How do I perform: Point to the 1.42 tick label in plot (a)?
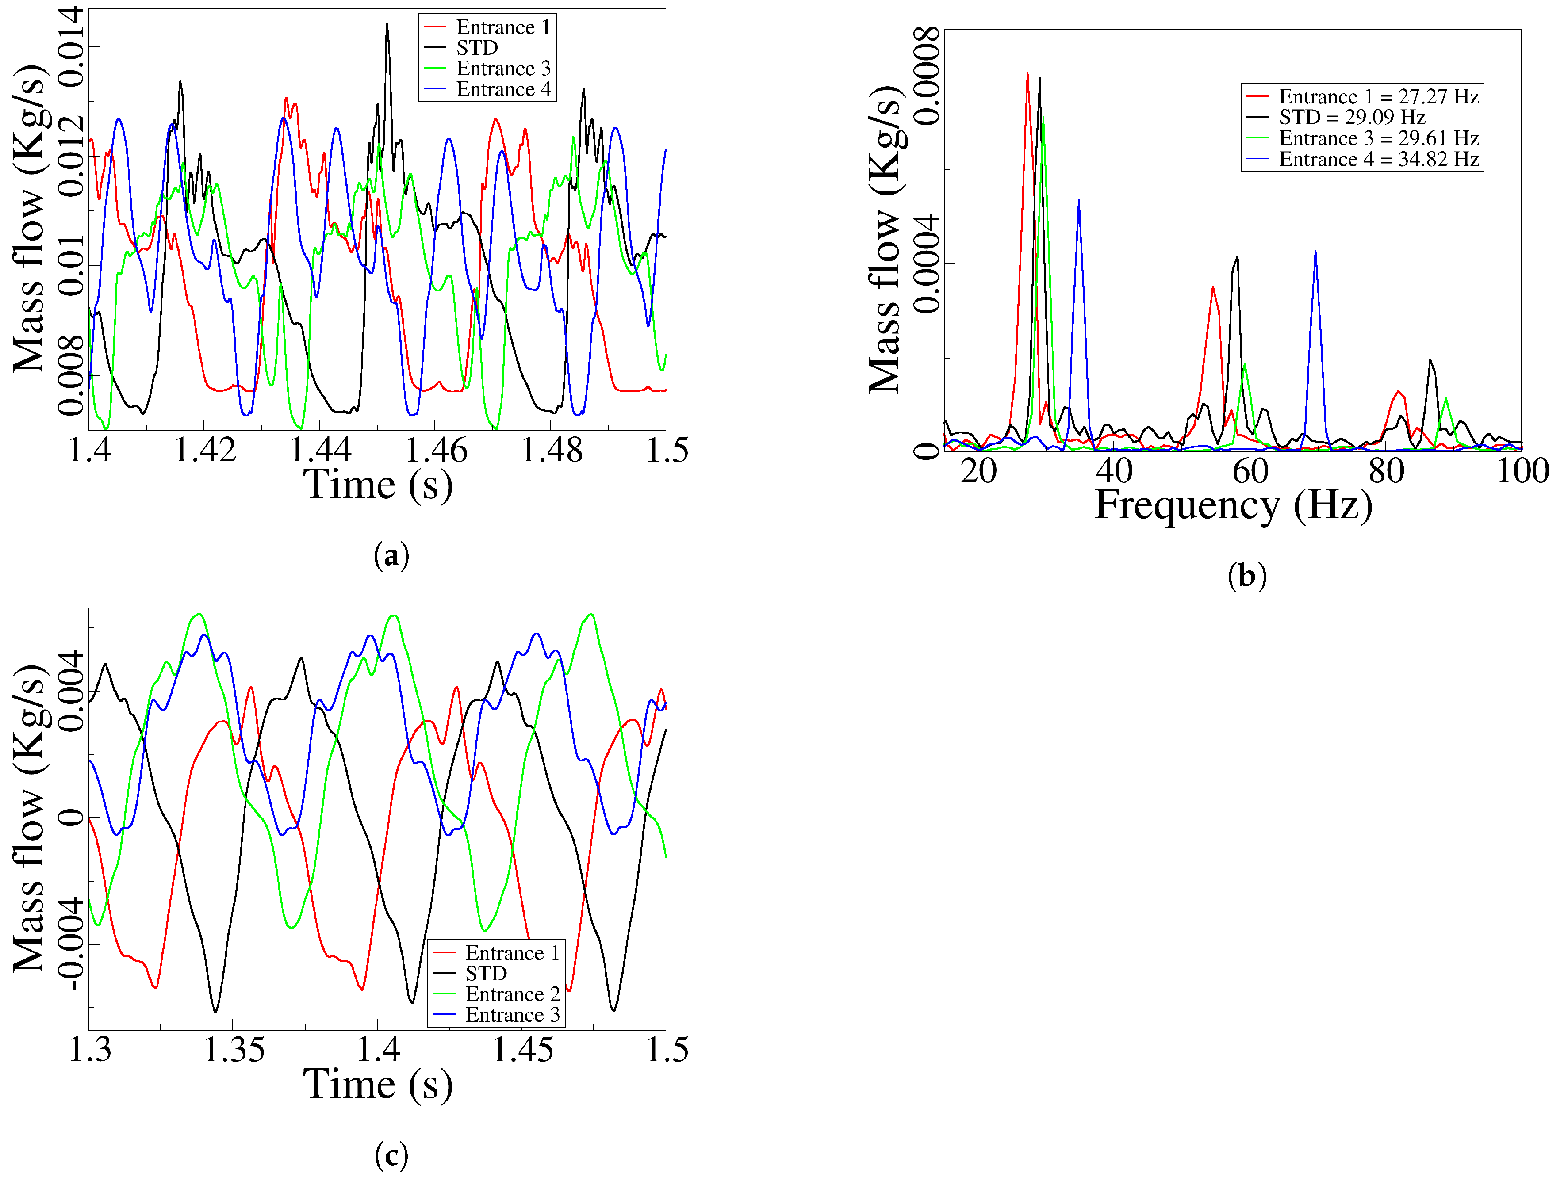point(205,451)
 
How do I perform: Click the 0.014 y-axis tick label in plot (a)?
point(71,47)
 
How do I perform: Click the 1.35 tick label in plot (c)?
point(234,1050)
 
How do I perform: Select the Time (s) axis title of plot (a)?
point(378,485)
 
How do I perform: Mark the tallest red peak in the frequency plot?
point(1027,73)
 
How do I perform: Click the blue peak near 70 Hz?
point(1315,252)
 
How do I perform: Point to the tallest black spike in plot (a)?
point(387,25)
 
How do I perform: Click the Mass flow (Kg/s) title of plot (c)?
point(30,818)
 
